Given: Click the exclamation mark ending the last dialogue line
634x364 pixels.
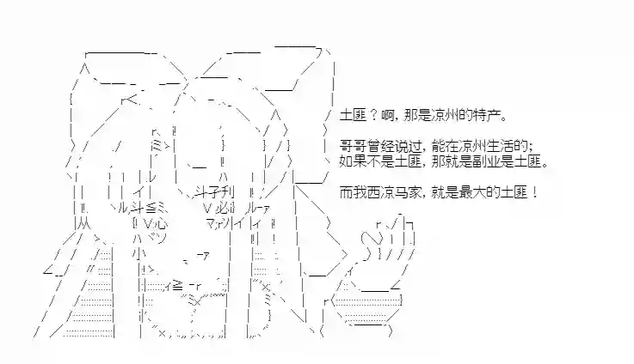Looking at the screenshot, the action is click(535, 192).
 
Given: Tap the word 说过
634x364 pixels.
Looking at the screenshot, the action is click(406, 146).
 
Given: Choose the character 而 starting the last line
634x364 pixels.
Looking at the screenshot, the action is click(346, 192).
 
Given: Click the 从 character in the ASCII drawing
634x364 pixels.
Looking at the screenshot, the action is click(83, 222).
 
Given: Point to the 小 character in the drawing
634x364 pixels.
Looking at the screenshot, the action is click(138, 253).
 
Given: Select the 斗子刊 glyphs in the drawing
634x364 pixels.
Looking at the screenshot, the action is click(214, 192).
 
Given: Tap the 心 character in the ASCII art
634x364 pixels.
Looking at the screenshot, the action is click(161, 222).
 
